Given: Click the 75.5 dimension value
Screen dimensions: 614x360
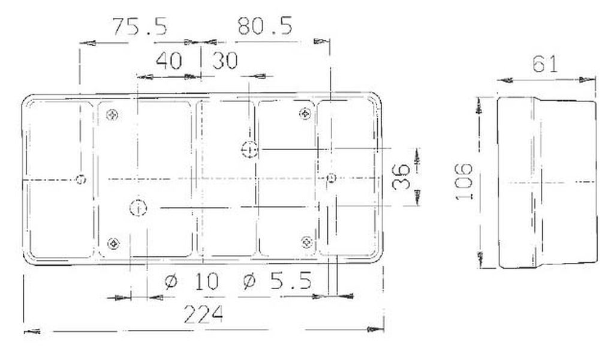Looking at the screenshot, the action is coord(140,26).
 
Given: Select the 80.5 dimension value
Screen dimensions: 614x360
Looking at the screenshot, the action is coord(265,26).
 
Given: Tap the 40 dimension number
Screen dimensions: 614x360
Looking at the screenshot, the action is coord(169,61).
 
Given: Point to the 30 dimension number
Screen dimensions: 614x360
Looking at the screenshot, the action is coord(225,61).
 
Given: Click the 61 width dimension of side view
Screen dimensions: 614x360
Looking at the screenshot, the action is coord(544,64).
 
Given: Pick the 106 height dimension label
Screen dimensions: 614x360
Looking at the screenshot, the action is coord(465,181).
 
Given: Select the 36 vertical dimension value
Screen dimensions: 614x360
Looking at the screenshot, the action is coord(401,176).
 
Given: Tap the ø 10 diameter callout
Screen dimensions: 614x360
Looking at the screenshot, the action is coord(191,281).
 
